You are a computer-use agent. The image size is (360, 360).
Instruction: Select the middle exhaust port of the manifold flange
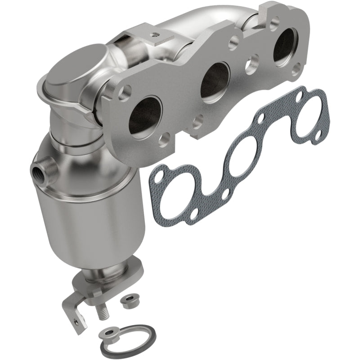click(x=215, y=80)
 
